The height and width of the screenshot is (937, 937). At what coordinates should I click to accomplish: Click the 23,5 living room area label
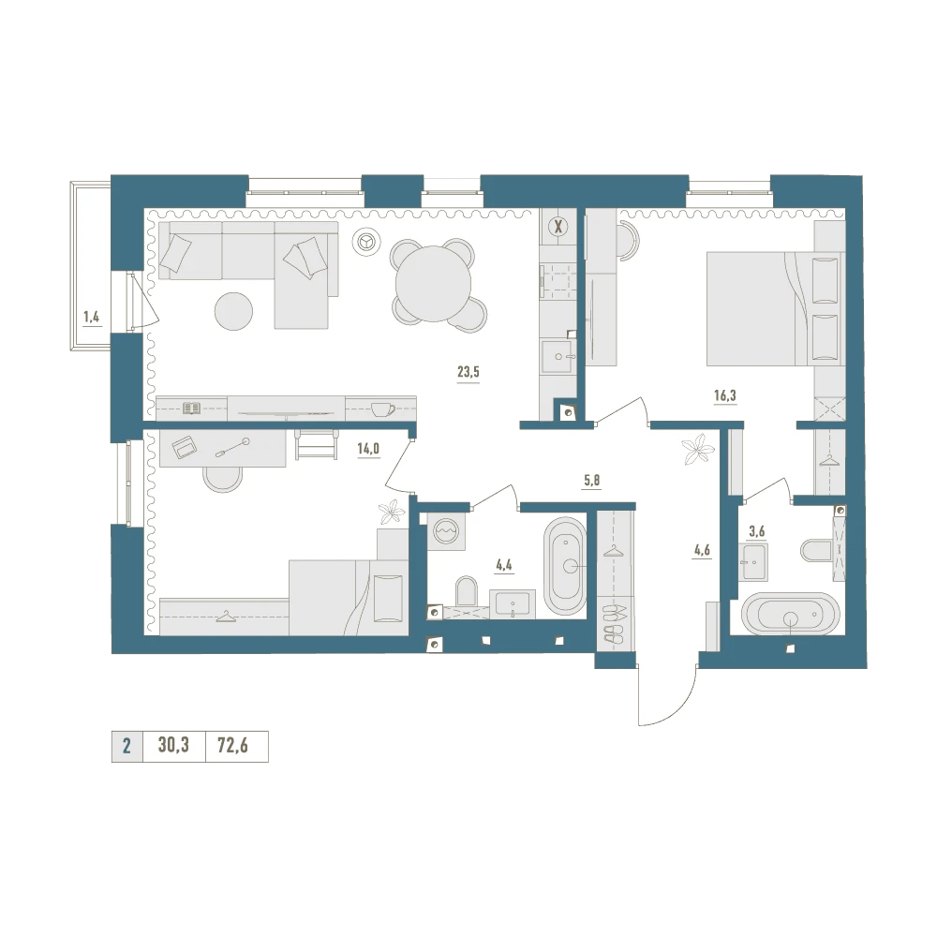coord(468,372)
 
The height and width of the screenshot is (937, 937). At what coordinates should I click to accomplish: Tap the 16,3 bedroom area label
coord(725,395)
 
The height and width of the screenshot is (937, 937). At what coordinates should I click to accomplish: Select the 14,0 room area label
coord(368,449)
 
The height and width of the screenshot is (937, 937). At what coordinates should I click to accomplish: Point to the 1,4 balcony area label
coord(92,317)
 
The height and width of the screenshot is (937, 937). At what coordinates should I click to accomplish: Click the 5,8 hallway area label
coord(591,481)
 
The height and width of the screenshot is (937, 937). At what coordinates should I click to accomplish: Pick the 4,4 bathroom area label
coord(504,565)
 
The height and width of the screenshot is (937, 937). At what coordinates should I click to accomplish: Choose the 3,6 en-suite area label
coord(756,530)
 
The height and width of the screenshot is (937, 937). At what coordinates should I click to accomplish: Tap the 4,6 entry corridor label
coord(702,550)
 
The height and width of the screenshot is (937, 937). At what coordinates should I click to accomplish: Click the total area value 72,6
coord(232,746)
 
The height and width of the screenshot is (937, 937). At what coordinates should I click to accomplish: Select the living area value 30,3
coord(173,746)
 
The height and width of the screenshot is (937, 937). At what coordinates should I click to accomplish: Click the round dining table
coord(433,285)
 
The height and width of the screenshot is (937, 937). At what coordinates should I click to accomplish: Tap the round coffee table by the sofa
coord(233,311)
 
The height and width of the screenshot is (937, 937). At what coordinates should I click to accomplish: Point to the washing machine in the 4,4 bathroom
coord(446,530)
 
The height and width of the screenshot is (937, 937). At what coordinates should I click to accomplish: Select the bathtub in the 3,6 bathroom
coord(791,614)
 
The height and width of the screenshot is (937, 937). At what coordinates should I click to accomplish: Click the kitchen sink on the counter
coord(557,357)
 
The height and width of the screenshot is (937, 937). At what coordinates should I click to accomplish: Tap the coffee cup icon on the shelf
coord(382,409)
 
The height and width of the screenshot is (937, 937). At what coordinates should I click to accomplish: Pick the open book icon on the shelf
coord(192,409)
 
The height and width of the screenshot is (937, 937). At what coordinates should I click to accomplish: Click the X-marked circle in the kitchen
coord(558,227)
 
